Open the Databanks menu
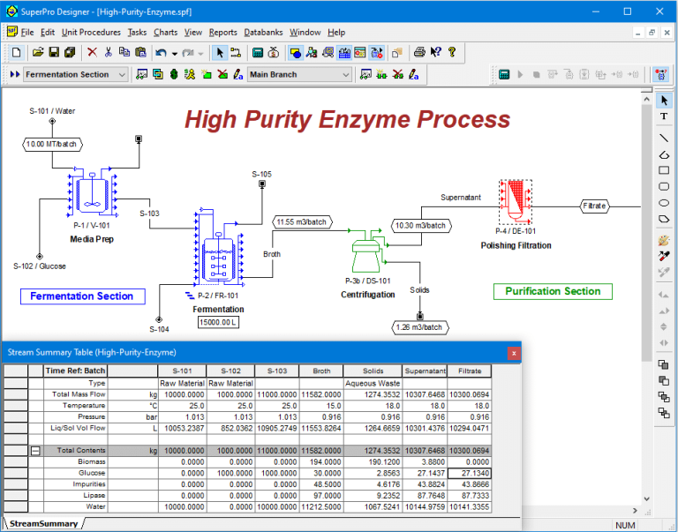tap(263, 33)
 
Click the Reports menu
tap(222, 33)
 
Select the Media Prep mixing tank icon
tap(92, 193)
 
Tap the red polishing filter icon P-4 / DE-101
tap(515, 202)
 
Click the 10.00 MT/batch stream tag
tap(52, 144)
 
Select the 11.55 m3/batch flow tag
tap(302, 222)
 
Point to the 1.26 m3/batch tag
tap(419, 327)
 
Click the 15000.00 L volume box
tap(218, 322)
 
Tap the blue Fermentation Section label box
tap(82, 296)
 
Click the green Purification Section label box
tap(553, 291)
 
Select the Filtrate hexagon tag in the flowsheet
tap(594, 206)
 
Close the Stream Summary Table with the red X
tap(514, 353)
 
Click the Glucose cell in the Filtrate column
tap(469, 473)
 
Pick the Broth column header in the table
tap(321, 371)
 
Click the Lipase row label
tap(94, 495)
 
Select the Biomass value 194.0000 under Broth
tap(320, 462)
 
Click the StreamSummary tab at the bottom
tap(43, 524)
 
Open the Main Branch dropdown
tap(299, 74)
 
